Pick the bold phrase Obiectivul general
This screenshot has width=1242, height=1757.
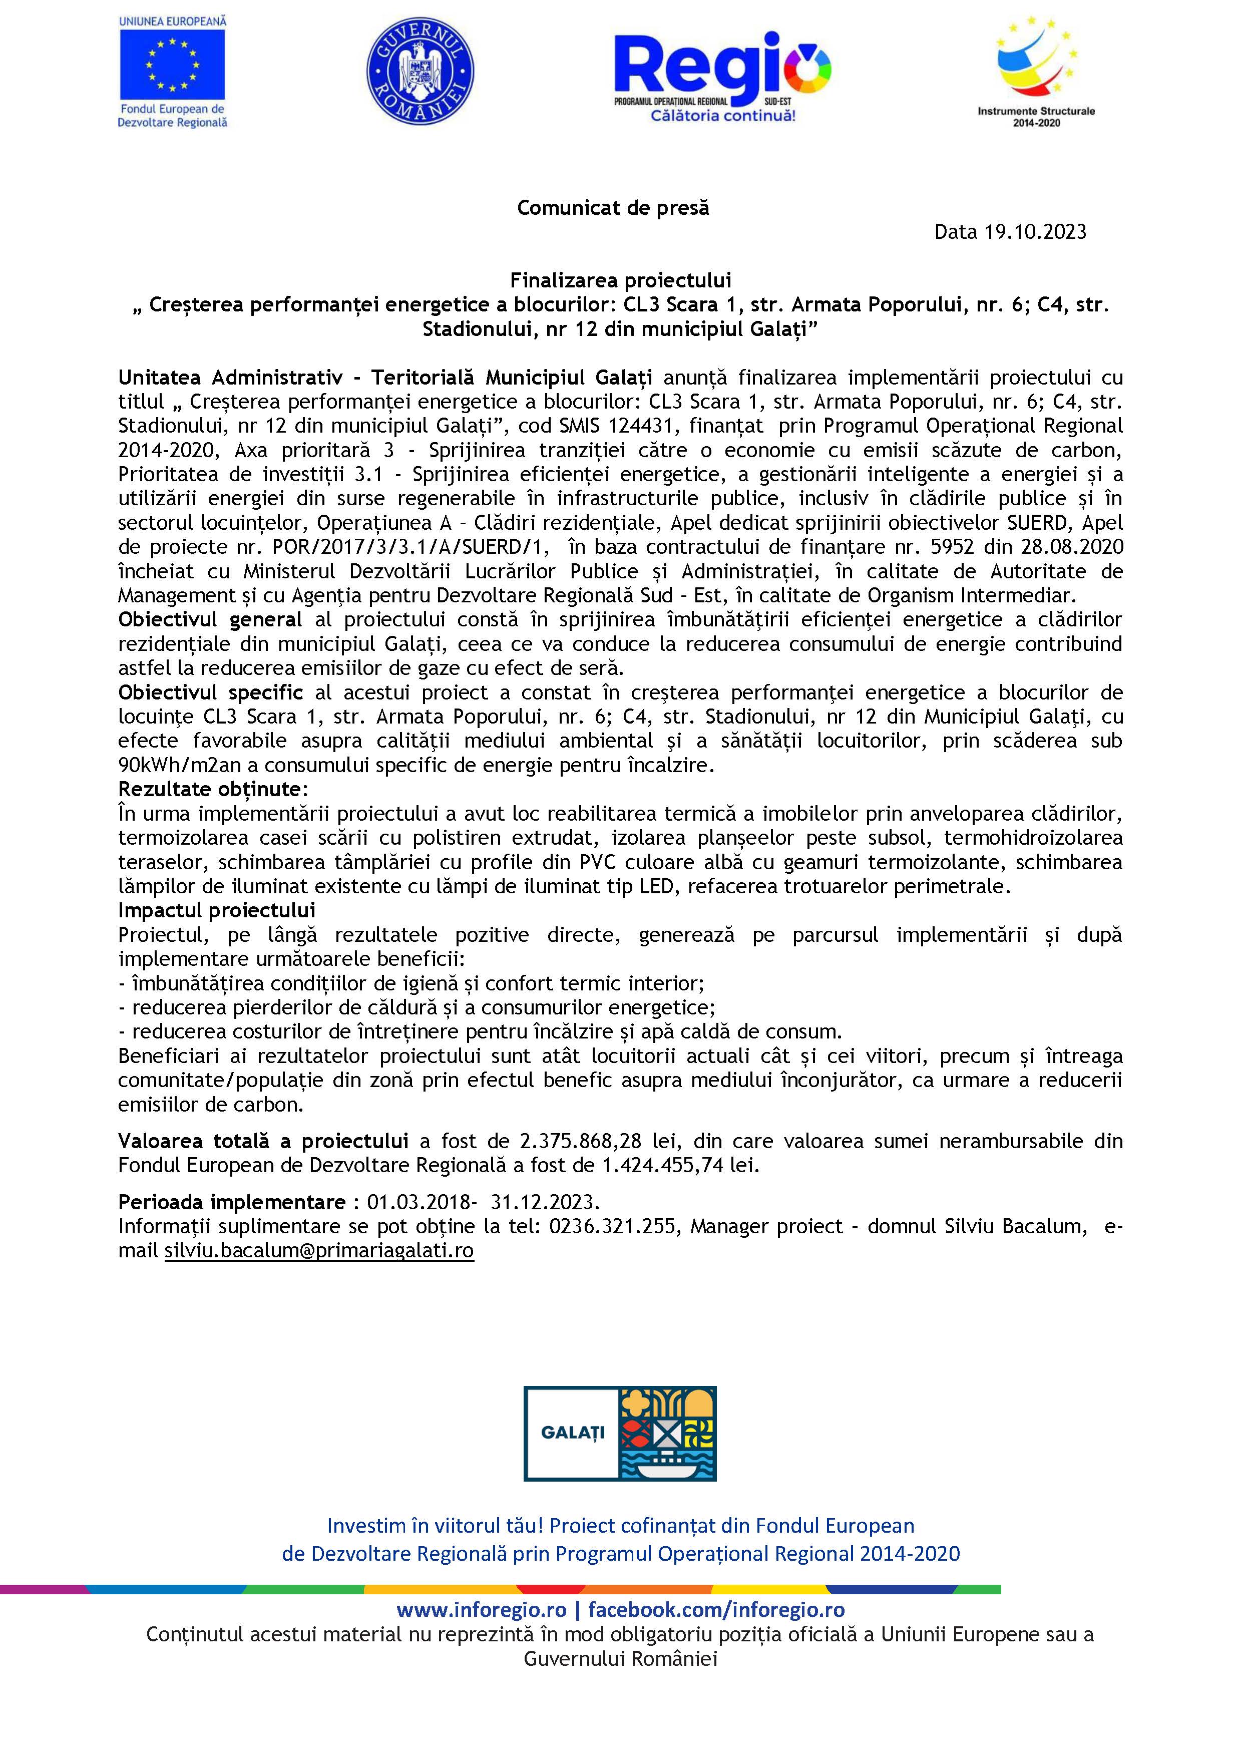point(210,620)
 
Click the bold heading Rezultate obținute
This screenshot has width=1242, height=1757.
point(212,789)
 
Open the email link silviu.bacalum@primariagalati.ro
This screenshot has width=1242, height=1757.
point(319,1251)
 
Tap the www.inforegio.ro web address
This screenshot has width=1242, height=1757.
point(482,1611)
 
